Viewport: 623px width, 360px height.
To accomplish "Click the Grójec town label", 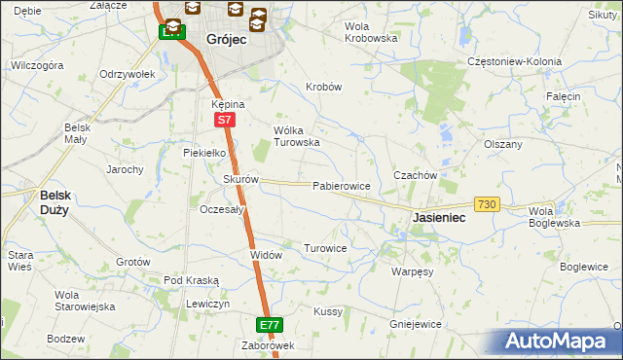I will point(225,41).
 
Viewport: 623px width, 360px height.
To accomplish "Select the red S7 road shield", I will point(224,120).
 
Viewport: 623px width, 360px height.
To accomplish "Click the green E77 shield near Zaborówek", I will point(271,324).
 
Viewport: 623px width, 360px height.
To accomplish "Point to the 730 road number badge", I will point(488,203).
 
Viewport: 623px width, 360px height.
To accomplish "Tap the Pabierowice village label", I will point(341,185).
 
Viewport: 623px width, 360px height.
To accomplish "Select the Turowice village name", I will point(325,248).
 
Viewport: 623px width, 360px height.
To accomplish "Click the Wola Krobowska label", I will point(372,32).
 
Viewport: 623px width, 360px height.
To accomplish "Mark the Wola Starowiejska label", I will point(85,300).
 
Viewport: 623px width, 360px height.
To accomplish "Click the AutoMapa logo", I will point(558,341).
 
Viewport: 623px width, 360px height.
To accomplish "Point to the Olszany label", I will point(503,143).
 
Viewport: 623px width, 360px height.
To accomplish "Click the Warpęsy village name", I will point(412,271).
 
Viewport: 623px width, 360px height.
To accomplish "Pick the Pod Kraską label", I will point(191,280).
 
